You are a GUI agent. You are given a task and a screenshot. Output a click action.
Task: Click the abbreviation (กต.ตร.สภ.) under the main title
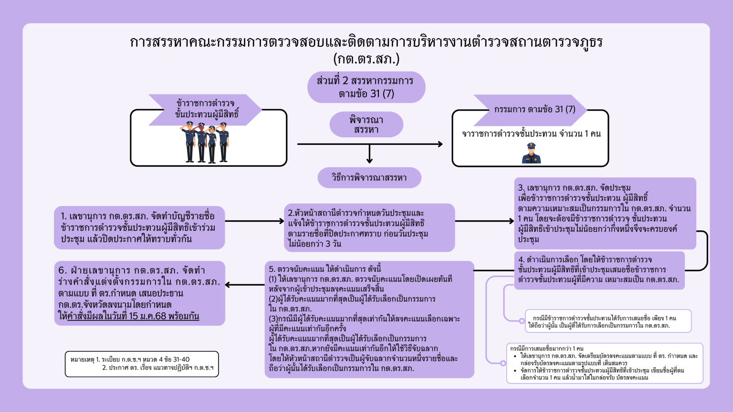pos(366,59)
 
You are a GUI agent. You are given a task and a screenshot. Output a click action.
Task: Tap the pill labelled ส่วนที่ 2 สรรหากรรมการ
pos(366,87)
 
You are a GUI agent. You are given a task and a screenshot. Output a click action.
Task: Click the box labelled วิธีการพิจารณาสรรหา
pos(369,178)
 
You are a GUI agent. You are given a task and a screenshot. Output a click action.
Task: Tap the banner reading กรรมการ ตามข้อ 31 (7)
pos(534,109)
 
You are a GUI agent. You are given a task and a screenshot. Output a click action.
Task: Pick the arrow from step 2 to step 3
pos(484,221)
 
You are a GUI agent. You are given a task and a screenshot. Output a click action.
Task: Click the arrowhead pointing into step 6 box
pos(229,285)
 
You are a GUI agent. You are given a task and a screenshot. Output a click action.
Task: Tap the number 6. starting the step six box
pos(63,270)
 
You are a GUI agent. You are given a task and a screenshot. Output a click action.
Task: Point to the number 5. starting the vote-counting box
pos(272,269)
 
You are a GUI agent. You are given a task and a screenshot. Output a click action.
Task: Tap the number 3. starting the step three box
pos(521,188)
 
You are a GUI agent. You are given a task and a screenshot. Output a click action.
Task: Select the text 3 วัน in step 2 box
pos(333,244)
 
